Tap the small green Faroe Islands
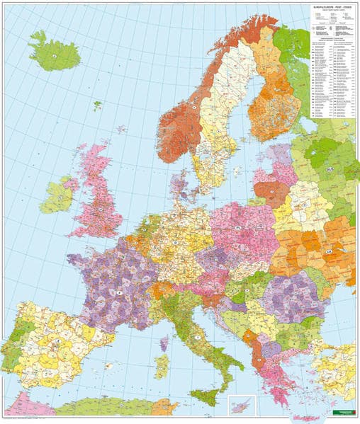pos(97,105)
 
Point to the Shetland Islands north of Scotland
pos(122,129)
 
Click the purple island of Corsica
pos(164,344)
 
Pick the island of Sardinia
pos(162,367)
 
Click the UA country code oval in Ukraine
pos(327,251)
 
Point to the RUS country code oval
pos(329,171)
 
